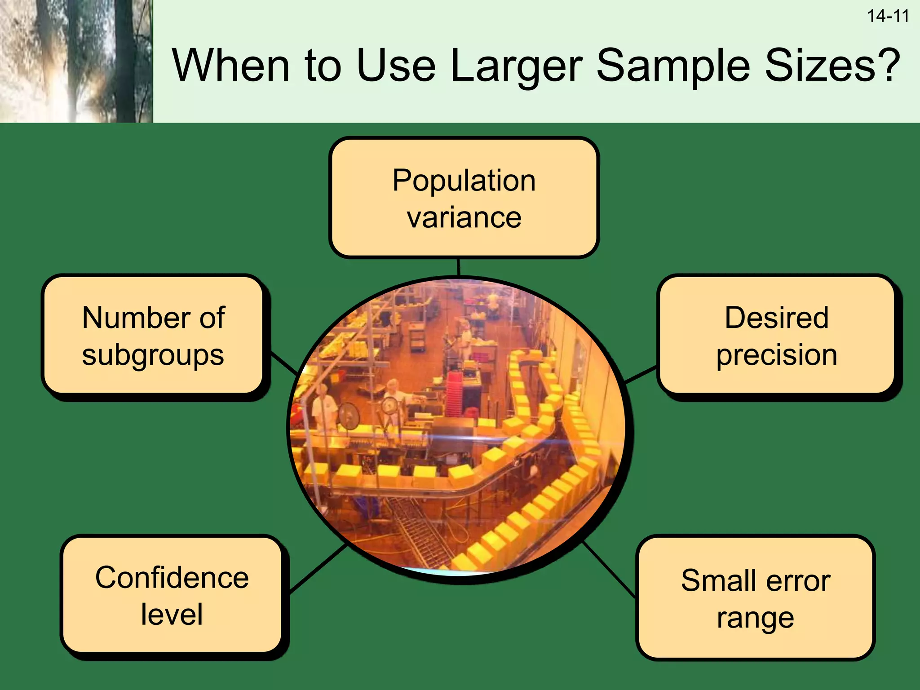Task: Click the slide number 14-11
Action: (888, 17)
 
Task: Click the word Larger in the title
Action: (516, 66)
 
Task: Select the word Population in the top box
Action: (464, 181)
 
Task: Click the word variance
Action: (464, 218)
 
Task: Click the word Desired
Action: (776, 318)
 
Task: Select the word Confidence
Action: (172, 578)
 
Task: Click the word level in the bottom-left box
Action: (172, 615)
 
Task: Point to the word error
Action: (798, 580)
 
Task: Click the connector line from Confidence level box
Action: (318, 569)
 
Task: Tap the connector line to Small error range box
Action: (609, 570)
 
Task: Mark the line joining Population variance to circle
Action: (458, 267)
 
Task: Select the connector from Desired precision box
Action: (641, 375)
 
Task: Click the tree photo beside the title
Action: (76, 61)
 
